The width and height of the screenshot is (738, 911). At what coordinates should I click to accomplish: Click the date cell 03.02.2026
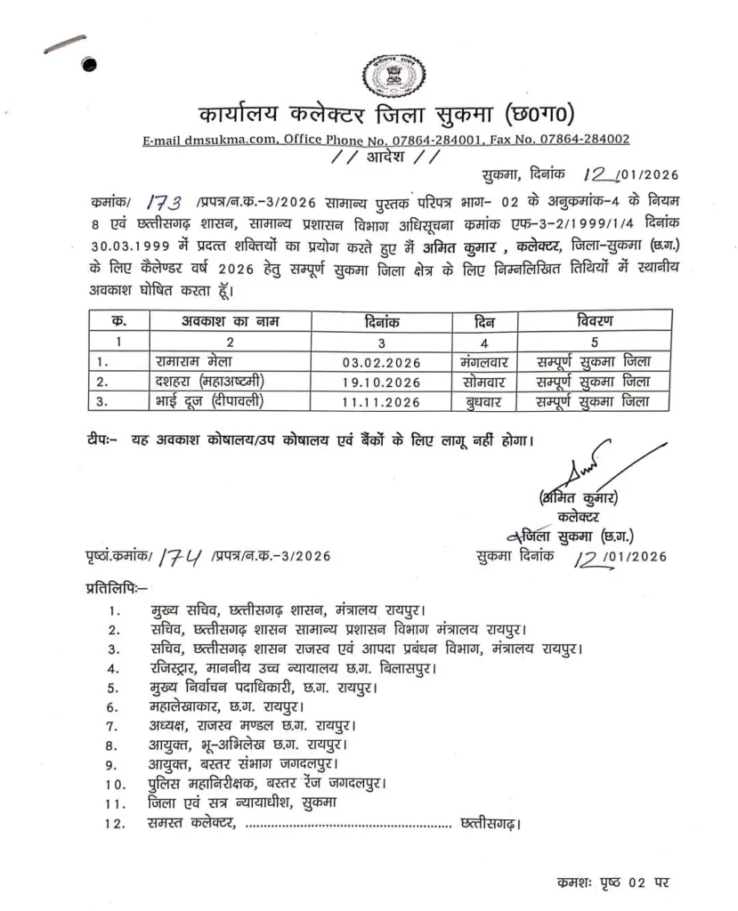pyautogui.click(x=381, y=361)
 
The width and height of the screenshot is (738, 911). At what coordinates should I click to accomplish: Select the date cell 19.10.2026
pyautogui.click(x=381, y=382)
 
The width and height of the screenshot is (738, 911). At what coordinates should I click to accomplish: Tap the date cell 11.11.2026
pyautogui.click(x=381, y=402)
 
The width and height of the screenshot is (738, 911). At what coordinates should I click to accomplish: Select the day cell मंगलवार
pyautogui.click(x=483, y=361)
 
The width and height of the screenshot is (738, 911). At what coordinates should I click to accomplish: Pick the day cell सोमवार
pyautogui.click(x=483, y=382)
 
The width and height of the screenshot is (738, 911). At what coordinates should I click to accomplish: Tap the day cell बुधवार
pyautogui.click(x=483, y=402)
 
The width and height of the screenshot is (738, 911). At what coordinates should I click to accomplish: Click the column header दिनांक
pyautogui.click(x=382, y=320)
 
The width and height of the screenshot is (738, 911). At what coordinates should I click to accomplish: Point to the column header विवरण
pyautogui.click(x=594, y=320)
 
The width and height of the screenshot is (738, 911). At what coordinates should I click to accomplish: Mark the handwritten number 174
pyautogui.click(x=181, y=557)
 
